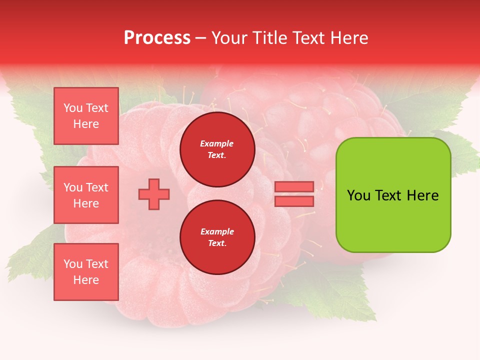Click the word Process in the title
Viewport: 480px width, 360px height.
[157, 38]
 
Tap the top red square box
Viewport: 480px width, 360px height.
[86, 116]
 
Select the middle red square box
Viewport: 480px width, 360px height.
[86, 195]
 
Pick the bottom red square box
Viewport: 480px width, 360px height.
[86, 272]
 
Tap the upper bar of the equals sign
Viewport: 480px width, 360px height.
[294, 187]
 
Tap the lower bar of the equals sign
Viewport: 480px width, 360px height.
[294, 201]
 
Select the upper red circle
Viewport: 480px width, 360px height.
[217, 149]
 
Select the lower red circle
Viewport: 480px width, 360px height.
[217, 237]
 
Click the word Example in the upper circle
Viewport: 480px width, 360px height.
[217, 143]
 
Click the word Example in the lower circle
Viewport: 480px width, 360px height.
[217, 231]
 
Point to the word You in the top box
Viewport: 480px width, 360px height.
[73, 108]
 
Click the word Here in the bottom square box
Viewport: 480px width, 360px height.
[86, 280]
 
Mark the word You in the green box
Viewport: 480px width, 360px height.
[358, 195]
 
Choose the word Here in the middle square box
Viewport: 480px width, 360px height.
[86, 203]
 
